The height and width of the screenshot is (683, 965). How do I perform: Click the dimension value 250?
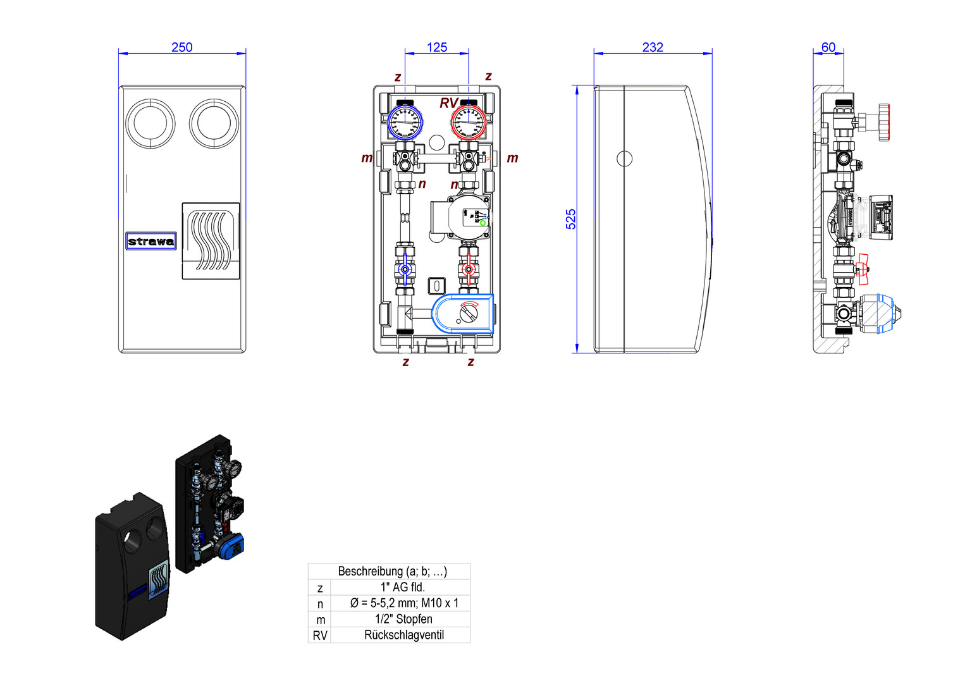181,47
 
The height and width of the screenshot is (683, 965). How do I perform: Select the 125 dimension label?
436,47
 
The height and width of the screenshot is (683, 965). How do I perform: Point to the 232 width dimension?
653,47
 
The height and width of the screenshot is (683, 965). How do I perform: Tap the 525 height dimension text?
571,219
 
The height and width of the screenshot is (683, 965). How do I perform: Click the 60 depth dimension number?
828,47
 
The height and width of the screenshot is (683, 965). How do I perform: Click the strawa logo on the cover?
151,241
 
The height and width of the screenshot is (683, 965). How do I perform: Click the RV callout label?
448,102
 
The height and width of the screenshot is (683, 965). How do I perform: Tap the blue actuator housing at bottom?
462,313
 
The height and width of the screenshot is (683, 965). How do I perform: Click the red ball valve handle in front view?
468,269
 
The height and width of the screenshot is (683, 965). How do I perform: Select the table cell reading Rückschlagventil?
403,635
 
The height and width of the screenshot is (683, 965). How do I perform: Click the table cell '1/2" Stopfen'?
403,619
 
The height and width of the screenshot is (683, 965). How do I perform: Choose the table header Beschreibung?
392,571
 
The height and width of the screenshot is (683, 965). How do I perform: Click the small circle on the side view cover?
624,158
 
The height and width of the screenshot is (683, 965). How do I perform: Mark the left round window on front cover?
151,123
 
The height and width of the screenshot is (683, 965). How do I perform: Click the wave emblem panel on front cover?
211,241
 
